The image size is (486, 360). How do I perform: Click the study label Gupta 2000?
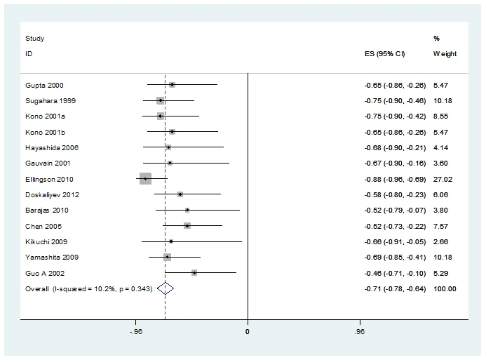point(44,85)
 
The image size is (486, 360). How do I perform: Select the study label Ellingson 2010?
point(49,179)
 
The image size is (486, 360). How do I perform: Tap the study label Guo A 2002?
point(45,273)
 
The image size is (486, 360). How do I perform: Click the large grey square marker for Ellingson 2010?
point(145,179)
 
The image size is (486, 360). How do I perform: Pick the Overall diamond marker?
point(165,288)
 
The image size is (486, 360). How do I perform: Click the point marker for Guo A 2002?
point(194,272)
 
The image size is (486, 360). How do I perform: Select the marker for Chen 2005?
point(187,225)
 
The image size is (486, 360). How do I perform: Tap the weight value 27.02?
point(443,179)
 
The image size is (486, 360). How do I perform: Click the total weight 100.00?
point(445,288)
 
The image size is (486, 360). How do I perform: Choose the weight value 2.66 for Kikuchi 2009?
point(440,241)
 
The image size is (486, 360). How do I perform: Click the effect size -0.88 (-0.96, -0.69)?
point(395,179)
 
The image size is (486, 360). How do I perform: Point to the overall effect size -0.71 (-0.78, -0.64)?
point(395,288)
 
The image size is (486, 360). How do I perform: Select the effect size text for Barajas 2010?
point(395,210)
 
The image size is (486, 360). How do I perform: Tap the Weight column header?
point(445,53)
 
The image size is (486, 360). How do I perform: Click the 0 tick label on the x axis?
point(248,330)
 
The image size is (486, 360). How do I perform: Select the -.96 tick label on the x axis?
point(136,330)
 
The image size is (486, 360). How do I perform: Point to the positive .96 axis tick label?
point(359,330)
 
